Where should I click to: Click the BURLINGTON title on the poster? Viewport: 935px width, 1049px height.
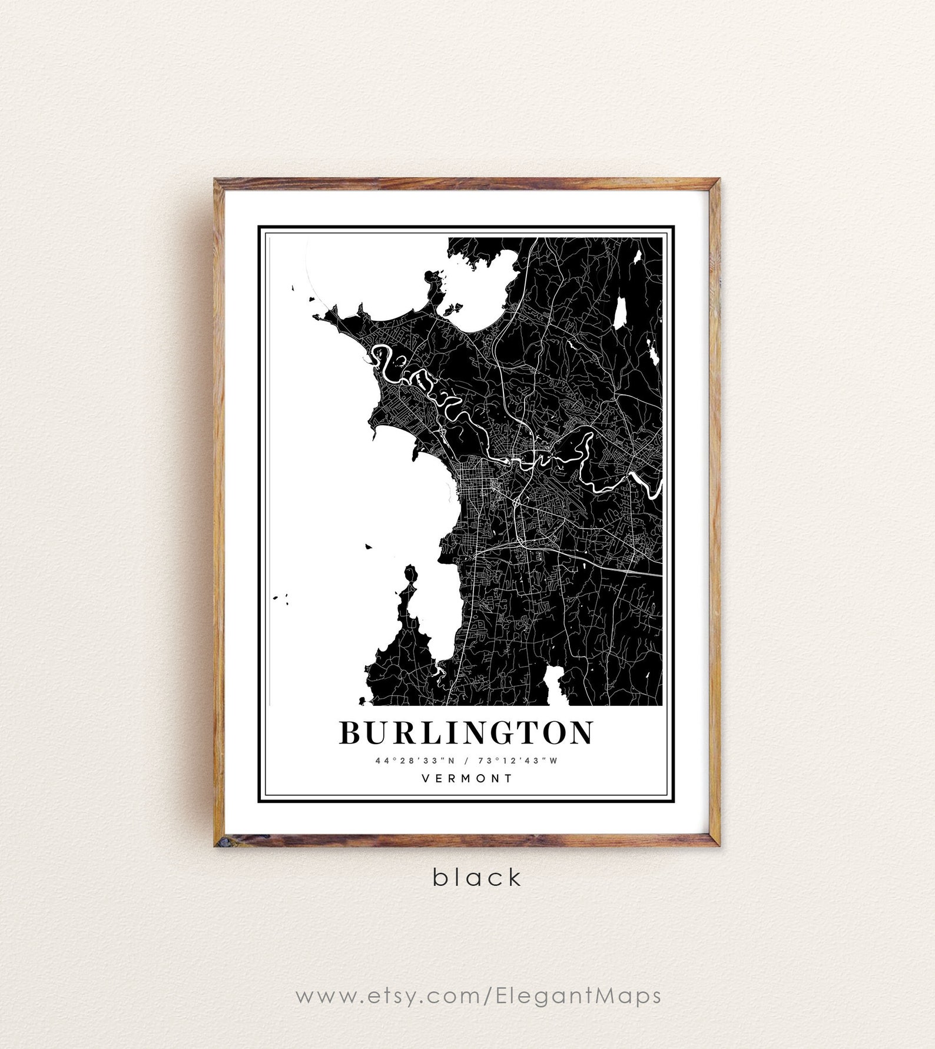(466, 732)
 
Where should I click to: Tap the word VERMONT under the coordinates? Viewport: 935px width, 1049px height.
(467, 778)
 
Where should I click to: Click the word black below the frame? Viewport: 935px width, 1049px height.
(478, 877)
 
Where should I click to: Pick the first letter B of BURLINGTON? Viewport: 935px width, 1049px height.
(352, 732)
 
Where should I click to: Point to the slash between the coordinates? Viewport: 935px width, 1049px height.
(467, 760)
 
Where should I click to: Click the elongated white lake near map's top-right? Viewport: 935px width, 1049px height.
(620, 313)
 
